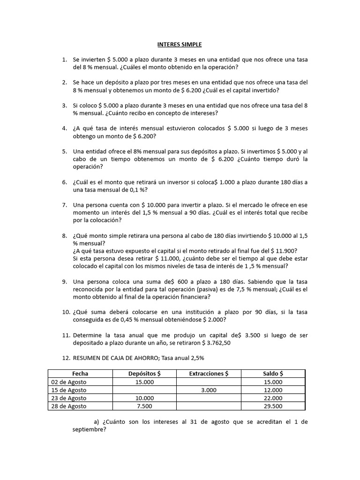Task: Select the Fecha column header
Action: [80, 374]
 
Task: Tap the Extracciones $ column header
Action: [209, 374]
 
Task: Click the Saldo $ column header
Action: [273, 374]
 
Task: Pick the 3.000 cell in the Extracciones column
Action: [209, 390]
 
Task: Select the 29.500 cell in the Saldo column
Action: [273, 406]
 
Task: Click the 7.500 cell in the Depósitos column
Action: [144, 406]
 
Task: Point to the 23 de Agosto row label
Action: [69, 398]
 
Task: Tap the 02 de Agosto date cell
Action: [69, 382]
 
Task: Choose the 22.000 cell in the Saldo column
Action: [273, 398]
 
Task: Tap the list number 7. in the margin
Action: [65, 205]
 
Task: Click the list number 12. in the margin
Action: [64, 358]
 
